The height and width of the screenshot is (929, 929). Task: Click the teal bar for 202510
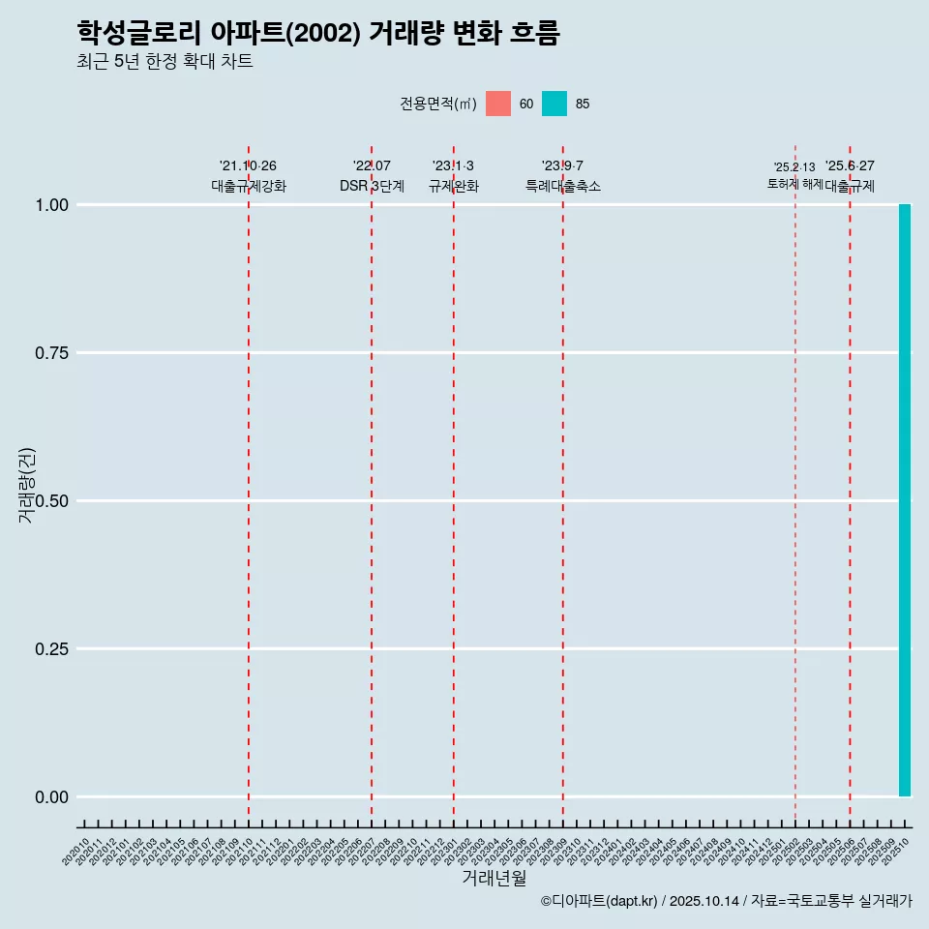pyautogui.click(x=905, y=500)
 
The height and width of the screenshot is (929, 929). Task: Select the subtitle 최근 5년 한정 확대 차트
pyautogui.click(x=165, y=62)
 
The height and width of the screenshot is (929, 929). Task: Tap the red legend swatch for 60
pyautogui.click(x=498, y=104)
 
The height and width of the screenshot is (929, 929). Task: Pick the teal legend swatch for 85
pyautogui.click(x=554, y=104)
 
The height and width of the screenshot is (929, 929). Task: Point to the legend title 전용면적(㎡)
pyautogui.click(x=438, y=104)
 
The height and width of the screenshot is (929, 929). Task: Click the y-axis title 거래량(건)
pyautogui.click(x=27, y=486)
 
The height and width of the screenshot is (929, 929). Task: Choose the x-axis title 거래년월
pyautogui.click(x=494, y=879)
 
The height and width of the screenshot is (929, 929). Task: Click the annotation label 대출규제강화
pyautogui.click(x=249, y=186)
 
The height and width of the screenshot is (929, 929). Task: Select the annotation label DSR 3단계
pyautogui.click(x=372, y=186)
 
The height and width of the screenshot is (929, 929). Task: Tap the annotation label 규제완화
pyautogui.click(x=453, y=186)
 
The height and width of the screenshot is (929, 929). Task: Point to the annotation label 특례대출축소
pyautogui.click(x=563, y=186)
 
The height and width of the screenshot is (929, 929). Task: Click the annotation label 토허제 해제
pyautogui.click(x=794, y=183)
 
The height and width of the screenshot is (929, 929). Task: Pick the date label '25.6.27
pyautogui.click(x=850, y=166)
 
